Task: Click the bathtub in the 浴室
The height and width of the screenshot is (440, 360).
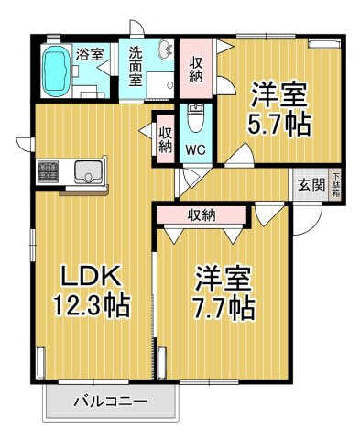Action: (57, 71)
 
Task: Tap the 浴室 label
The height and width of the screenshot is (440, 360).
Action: (90, 55)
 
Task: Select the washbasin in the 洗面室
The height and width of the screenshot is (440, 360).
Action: (165, 49)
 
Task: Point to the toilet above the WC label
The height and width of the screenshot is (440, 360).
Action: (195, 118)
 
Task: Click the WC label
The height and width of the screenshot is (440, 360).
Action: (195, 149)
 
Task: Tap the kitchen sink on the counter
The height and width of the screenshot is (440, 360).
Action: (88, 170)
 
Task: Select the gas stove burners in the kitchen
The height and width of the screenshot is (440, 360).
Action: (48, 171)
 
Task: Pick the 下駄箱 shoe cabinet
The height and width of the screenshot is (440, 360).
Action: (335, 185)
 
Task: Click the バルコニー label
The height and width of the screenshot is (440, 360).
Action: (110, 401)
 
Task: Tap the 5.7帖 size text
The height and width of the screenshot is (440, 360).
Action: (278, 125)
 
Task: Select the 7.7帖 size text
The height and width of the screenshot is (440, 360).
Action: (223, 308)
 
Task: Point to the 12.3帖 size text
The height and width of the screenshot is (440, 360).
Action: (92, 304)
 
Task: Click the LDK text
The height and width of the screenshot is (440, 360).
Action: (90, 276)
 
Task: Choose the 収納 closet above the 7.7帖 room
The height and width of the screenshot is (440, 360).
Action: (202, 215)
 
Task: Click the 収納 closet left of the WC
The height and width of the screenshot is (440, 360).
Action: (166, 139)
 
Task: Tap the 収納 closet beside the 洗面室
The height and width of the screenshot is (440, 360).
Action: (196, 70)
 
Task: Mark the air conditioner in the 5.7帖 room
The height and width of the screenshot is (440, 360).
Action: (323, 44)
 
